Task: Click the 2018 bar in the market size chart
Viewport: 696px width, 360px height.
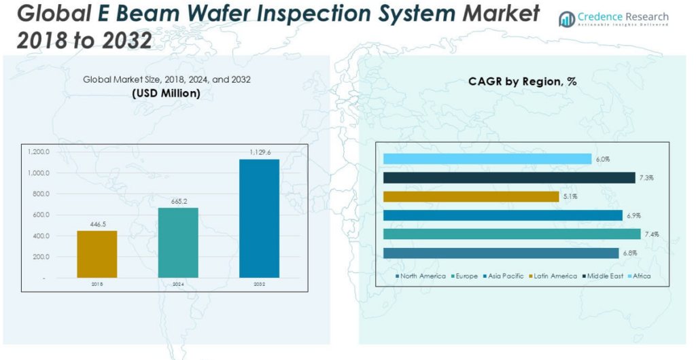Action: [97, 254]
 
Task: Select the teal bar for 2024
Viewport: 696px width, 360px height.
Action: [178, 242]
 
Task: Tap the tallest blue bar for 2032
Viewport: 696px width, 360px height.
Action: [259, 218]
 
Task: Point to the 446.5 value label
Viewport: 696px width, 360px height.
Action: [97, 223]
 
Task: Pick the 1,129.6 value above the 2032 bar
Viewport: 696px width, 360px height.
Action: [259, 152]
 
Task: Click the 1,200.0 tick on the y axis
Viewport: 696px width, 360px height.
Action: [39, 152]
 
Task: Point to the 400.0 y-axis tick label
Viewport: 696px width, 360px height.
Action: [39, 236]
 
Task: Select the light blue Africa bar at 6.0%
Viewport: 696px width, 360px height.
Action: [487, 159]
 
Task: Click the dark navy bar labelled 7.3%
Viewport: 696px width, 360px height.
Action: [509, 178]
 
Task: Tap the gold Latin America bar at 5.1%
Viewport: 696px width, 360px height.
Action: [471, 197]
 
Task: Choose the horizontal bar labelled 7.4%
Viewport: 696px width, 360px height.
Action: [511, 234]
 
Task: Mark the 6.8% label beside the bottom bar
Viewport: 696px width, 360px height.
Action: [630, 253]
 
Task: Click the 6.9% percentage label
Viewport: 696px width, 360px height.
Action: [634, 215]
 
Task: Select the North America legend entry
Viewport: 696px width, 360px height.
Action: [420, 276]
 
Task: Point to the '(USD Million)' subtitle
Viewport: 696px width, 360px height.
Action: [167, 93]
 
